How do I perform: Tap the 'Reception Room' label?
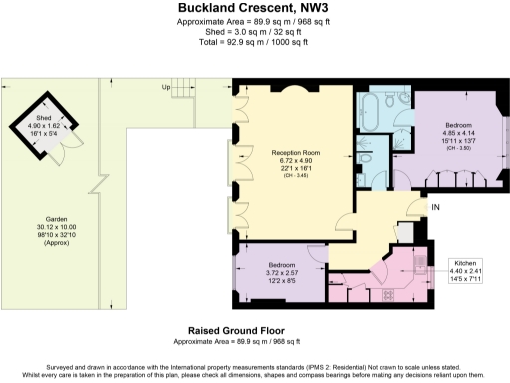(x=296, y=152)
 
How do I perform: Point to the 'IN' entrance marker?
(x=435, y=207)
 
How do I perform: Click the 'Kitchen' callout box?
(x=473, y=265)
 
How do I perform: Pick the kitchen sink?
(x=420, y=266)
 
